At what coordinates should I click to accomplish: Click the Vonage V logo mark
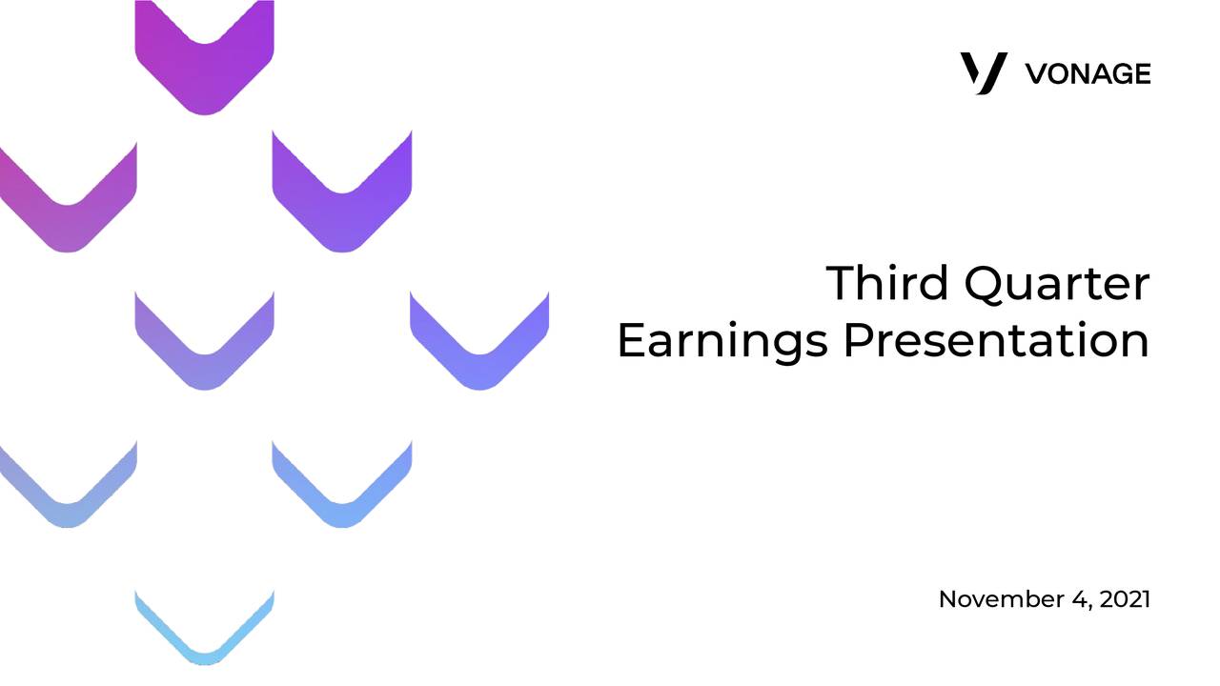click(x=984, y=73)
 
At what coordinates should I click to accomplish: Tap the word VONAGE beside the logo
click(x=1088, y=74)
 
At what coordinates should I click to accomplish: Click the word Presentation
click(x=996, y=340)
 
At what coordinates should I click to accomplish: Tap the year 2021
click(x=1125, y=599)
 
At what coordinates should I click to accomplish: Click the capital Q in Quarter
click(x=986, y=284)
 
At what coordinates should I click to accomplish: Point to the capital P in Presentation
click(x=858, y=340)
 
